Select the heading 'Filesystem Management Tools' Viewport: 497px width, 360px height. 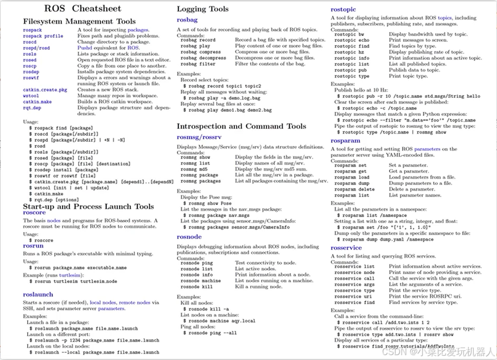pos(79,21)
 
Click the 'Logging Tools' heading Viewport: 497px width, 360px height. pos(202,9)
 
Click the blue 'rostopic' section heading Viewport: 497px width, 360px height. pos(343,9)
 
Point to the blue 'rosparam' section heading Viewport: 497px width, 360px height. pos(345,141)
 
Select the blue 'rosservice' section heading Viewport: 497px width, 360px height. pos(346,248)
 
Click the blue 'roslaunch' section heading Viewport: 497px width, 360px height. pos(38,294)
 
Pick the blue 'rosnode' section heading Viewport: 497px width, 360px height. pos(189,237)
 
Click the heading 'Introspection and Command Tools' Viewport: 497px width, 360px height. pos(241,126)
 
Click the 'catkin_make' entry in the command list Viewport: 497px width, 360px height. pos(37,102)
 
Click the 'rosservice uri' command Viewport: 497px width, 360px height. pos(353,296)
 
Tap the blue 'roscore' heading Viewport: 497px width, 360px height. pos(34,213)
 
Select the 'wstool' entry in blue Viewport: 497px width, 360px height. pos(31,96)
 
